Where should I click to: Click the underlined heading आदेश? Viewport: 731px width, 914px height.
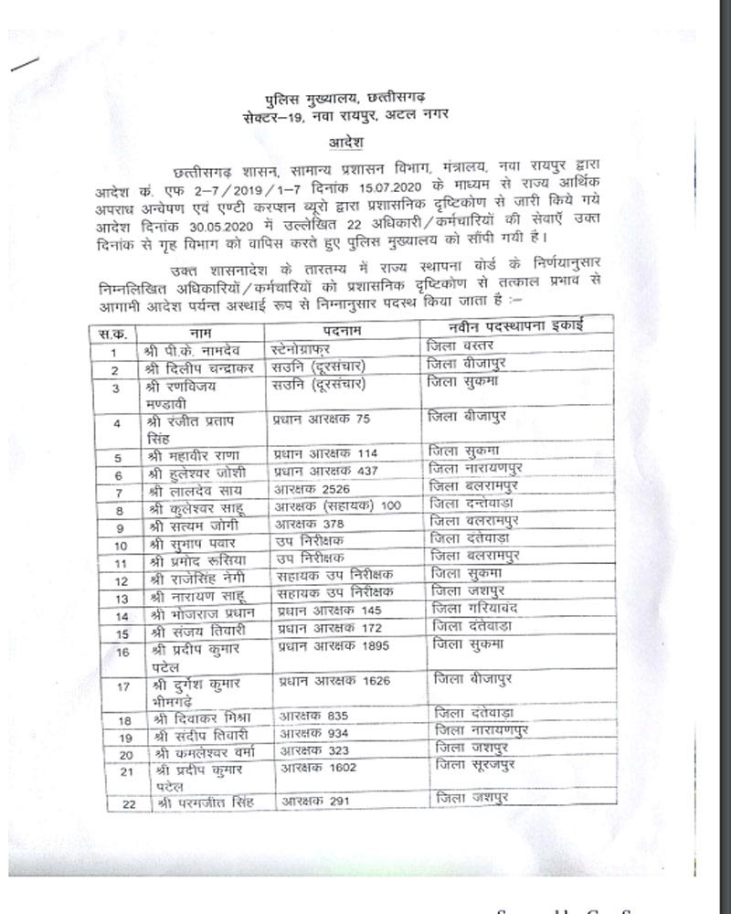[345, 143]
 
